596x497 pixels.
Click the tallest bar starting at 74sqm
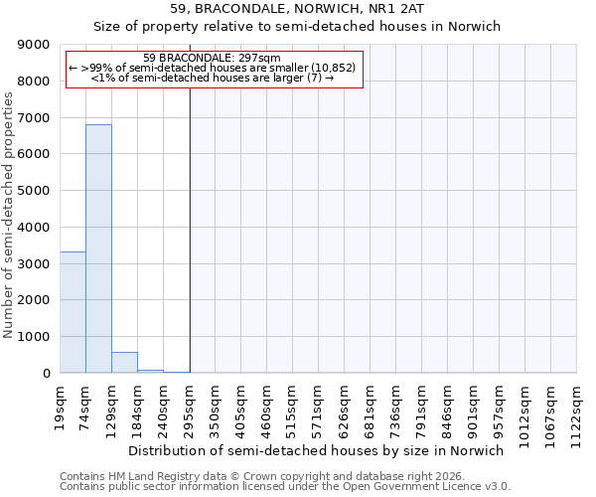coord(98,248)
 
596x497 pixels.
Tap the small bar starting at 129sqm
coord(124,363)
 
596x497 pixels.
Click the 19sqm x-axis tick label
coord(61,405)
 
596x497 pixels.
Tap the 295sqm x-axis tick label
coord(190,405)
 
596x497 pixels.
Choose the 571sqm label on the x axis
coord(319,405)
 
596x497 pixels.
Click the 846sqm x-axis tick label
coord(448,405)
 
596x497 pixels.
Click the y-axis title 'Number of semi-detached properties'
coord(9,215)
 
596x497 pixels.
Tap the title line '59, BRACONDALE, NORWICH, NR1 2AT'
coord(298,11)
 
